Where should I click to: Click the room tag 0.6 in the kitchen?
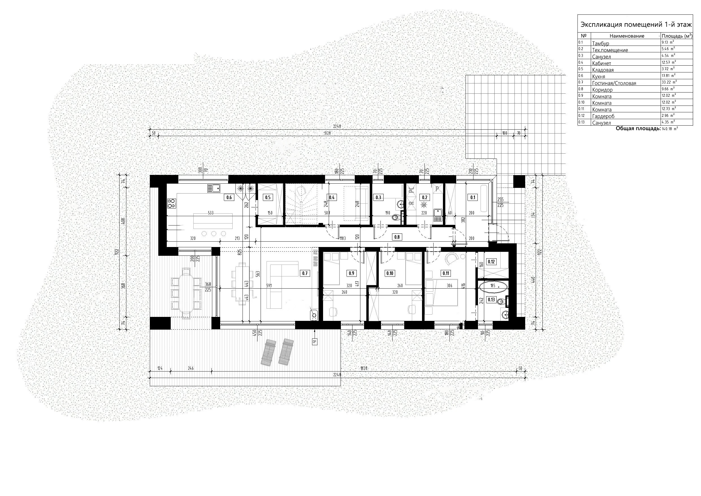[229, 197]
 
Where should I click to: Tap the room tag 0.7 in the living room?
[305, 273]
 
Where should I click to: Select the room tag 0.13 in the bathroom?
[491, 299]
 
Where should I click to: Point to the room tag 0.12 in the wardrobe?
[491, 262]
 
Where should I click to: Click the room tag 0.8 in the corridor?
[397, 237]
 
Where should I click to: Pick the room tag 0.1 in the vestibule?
[473, 197]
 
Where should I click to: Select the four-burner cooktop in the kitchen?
[172, 203]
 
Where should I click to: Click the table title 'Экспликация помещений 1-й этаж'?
[635, 24]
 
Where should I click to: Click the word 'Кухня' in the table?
[598, 76]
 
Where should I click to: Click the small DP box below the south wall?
[315, 341]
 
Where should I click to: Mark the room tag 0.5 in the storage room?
[267, 197]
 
